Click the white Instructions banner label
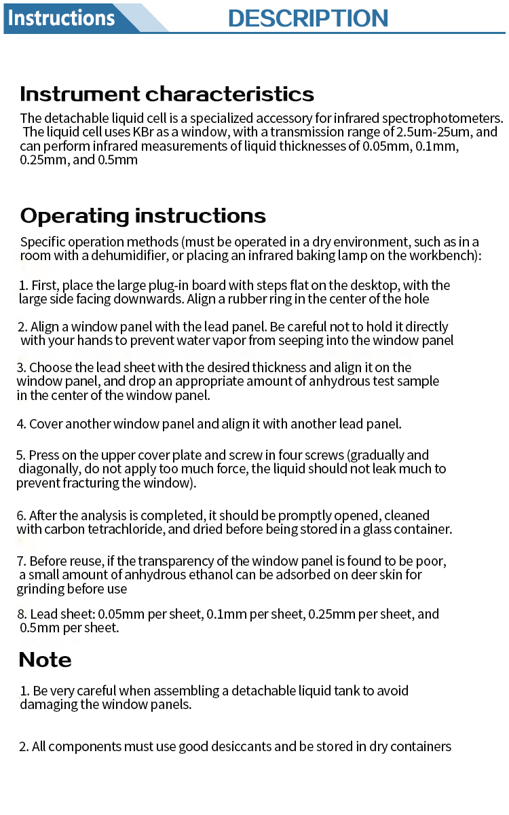pos(61,18)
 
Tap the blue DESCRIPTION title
pos(308,18)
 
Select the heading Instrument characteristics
pos(167,94)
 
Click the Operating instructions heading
pos(143,215)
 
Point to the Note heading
pos(45,659)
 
